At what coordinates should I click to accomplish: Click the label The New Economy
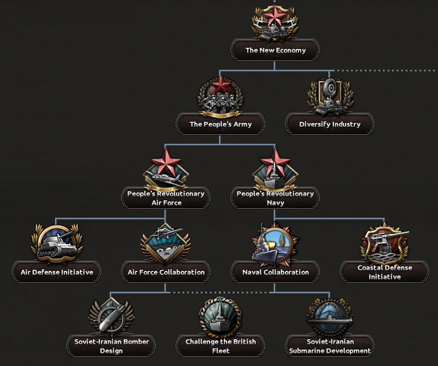tap(275, 50)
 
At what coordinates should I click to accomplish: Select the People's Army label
tap(220, 124)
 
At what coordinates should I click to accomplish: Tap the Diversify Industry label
tap(329, 124)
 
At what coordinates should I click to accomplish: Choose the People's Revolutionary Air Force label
tap(165, 198)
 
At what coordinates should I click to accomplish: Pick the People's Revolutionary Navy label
tap(275, 198)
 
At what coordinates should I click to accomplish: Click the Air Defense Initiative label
tap(56, 272)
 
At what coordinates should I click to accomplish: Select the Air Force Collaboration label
tap(166, 272)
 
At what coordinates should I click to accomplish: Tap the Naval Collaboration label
tap(275, 272)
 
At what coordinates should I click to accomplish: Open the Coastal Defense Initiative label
tap(384, 272)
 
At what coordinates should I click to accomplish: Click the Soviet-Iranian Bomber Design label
tap(112, 346)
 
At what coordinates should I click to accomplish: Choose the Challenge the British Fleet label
tap(220, 346)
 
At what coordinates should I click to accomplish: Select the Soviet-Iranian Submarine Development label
tap(330, 346)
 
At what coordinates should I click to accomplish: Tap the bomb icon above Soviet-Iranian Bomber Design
tap(111, 317)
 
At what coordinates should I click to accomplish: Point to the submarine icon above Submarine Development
tap(330, 317)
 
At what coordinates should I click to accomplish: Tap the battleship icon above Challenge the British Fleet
tap(220, 316)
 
